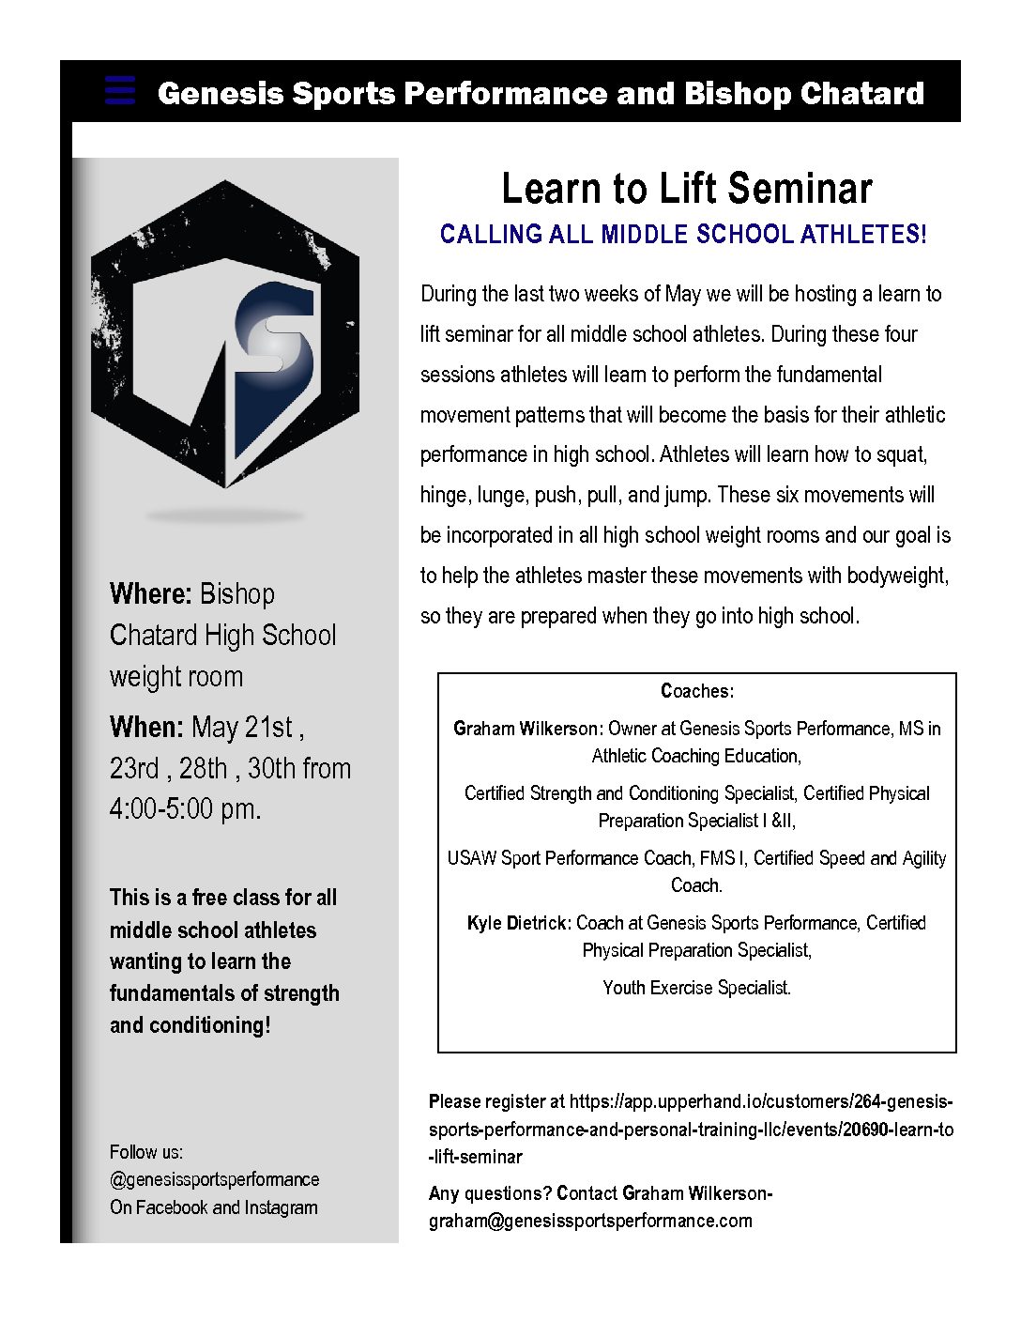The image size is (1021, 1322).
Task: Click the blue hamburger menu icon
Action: [120, 90]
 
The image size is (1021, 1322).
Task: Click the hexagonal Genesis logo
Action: [225, 335]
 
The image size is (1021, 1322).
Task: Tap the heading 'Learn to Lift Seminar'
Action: [687, 189]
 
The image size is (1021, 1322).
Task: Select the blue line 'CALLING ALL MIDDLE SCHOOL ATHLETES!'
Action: [683, 235]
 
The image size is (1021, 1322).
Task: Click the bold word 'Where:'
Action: [150, 594]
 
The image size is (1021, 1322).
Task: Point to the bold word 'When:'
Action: [146, 728]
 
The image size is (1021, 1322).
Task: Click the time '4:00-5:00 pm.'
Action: [185, 808]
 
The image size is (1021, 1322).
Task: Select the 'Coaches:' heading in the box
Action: [697, 692]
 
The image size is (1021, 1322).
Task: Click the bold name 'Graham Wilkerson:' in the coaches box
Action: [527, 730]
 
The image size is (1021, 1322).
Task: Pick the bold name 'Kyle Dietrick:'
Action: [519, 924]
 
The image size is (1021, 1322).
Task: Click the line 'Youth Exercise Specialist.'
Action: [697, 988]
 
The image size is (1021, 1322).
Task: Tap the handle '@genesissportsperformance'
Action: [214, 1180]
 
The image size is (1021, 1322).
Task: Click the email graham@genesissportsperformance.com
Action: [590, 1221]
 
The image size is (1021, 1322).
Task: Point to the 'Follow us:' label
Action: [146, 1152]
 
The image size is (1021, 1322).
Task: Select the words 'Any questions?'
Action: [490, 1193]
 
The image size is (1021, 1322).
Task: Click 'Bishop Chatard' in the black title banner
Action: [804, 94]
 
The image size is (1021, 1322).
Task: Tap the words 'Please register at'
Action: [496, 1101]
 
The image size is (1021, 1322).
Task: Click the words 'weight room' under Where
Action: [176, 677]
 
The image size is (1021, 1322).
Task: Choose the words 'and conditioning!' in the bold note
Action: [190, 1025]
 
